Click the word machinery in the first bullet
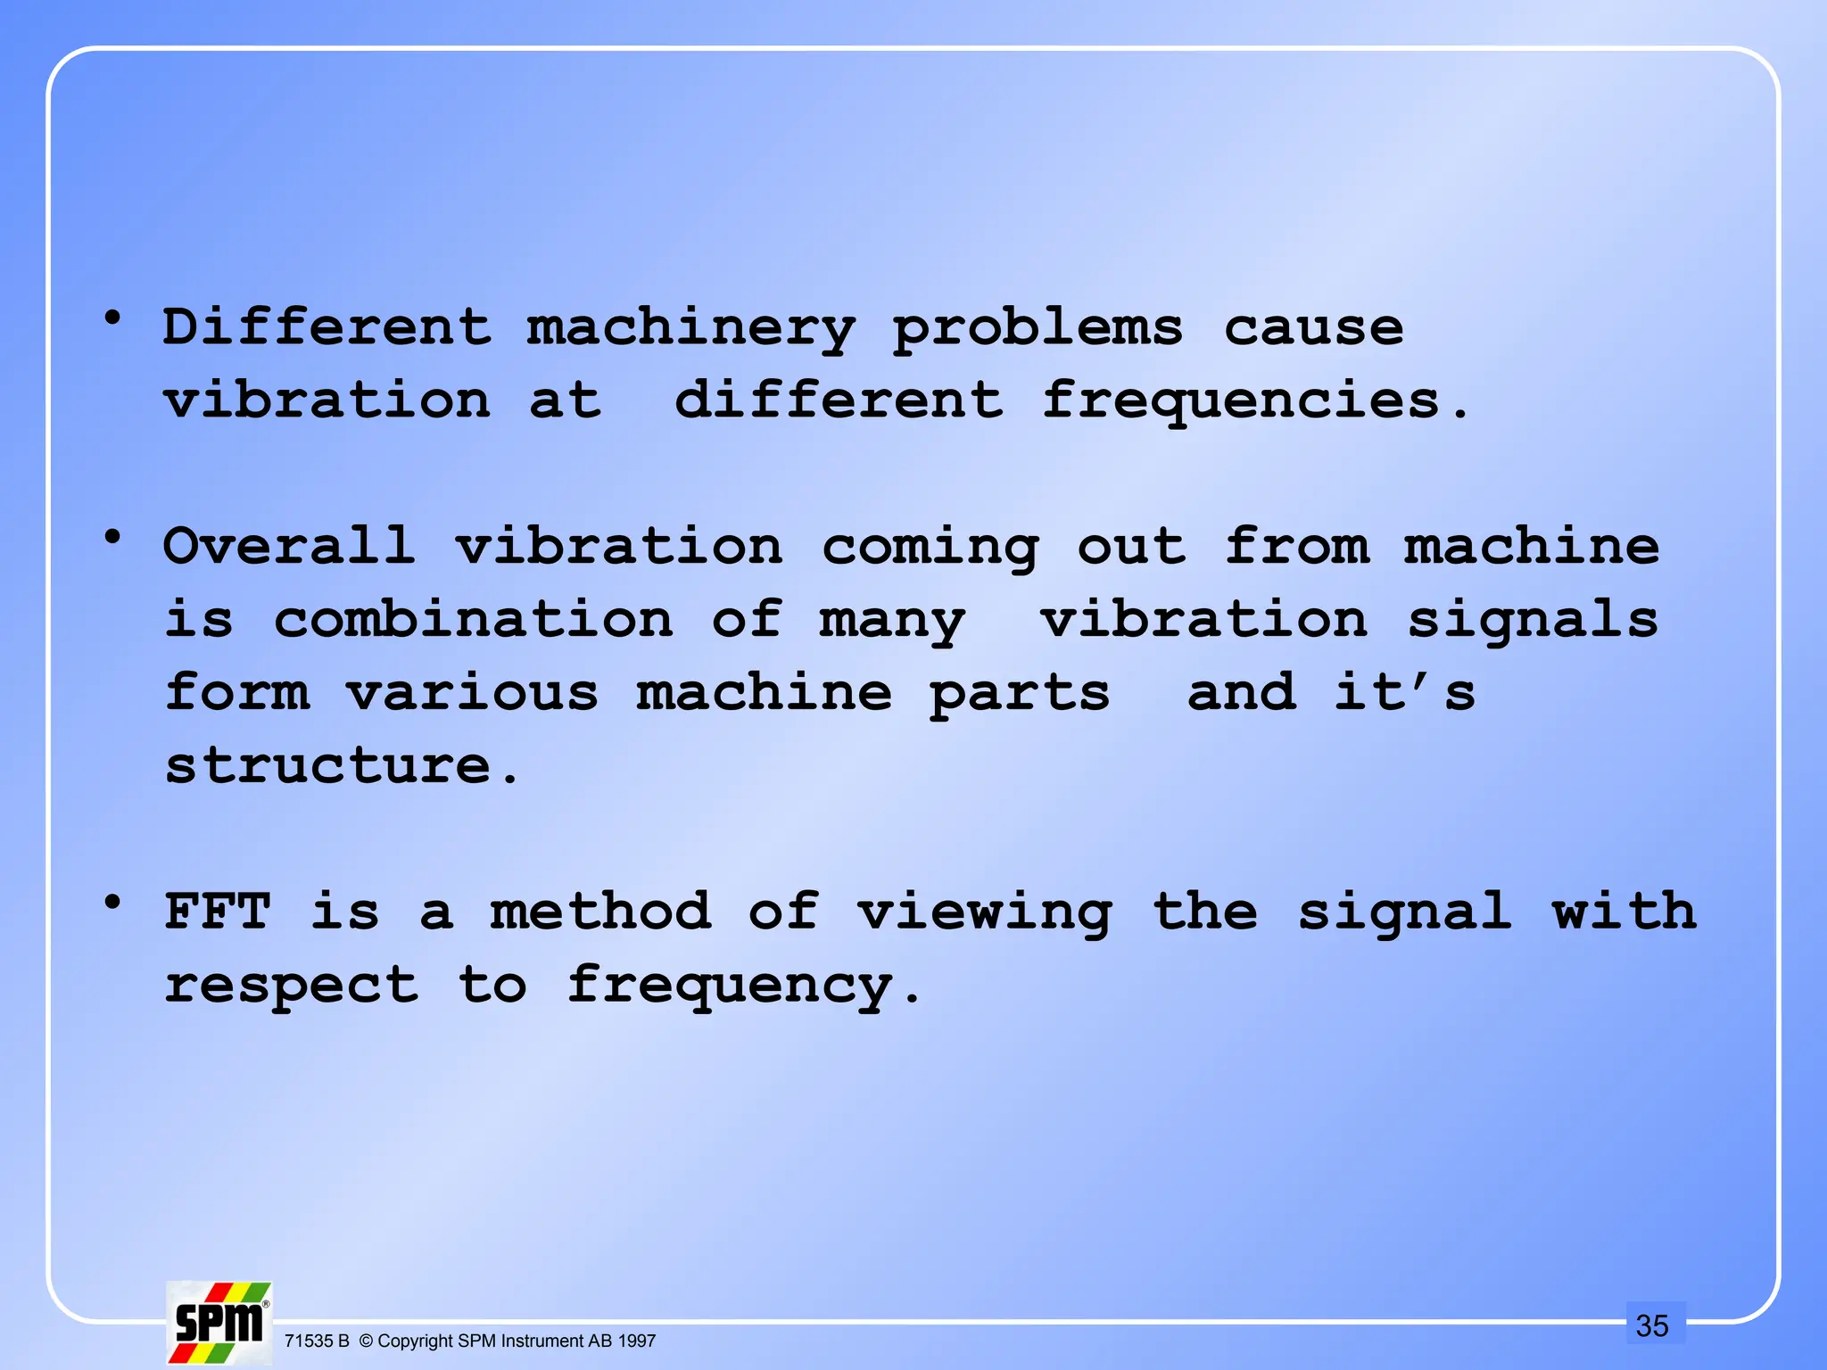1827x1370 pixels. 690,328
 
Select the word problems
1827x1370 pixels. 1038,328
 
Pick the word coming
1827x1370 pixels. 930,548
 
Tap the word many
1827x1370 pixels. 892,622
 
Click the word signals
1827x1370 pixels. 1532,621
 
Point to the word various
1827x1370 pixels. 472,693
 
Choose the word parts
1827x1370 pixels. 1020,695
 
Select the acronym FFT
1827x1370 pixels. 218,912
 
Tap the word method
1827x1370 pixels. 600,912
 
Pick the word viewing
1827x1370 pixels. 984,913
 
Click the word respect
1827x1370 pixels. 291,986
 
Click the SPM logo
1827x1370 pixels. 219,1322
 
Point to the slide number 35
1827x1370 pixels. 1651,1325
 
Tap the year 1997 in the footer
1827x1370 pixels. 637,1341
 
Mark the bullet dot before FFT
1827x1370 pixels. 112,903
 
